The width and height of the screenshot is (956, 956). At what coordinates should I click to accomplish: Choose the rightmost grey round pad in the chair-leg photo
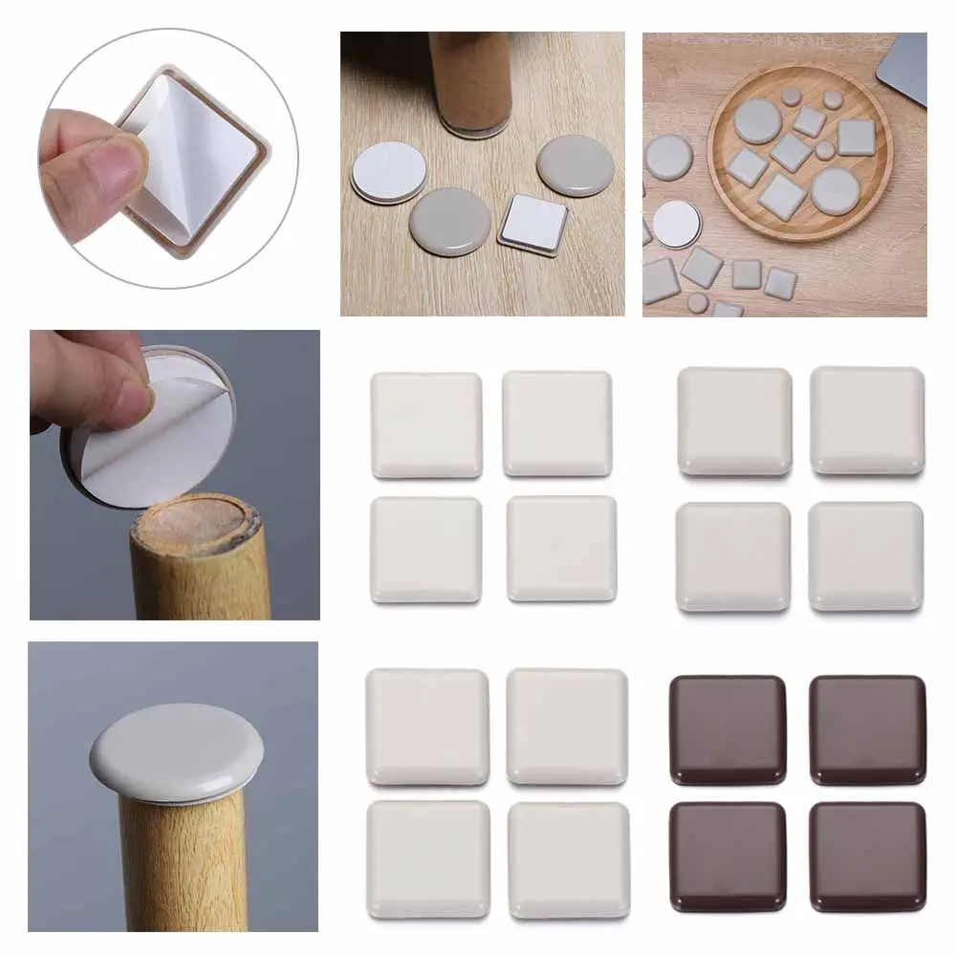coord(575,164)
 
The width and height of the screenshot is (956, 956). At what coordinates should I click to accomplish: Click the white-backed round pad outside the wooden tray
coord(678,224)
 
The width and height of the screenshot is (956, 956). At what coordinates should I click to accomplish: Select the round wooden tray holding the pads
coord(799,152)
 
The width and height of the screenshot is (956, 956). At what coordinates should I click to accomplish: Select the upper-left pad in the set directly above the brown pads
coord(734,421)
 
